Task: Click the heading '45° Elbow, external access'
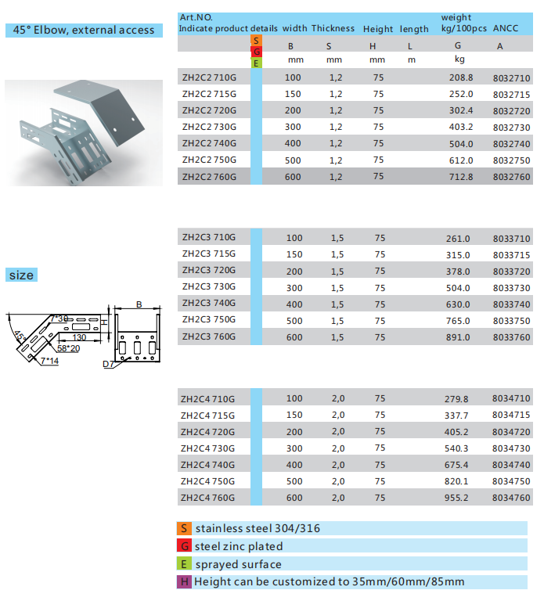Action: [x=84, y=31]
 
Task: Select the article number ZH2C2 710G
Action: [x=208, y=77]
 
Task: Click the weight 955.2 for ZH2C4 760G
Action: [x=456, y=498]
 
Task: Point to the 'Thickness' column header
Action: [x=333, y=29]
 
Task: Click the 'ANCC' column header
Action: [x=506, y=29]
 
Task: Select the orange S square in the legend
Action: [x=183, y=529]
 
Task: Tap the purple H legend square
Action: [x=183, y=581]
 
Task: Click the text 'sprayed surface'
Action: [x=238, y=564]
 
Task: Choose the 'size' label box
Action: [x=21, y=275]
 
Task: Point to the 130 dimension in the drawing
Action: [x=79, y=337]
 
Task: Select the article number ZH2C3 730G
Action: [x=208, y=287]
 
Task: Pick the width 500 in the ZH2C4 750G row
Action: [x=294, y=481]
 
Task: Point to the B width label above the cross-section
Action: [x=138, y=304]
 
